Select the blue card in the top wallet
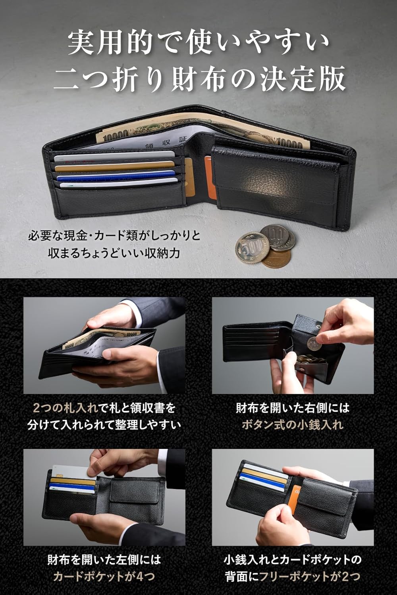click(x=115, y=175)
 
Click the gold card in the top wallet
click(x=115, y=167)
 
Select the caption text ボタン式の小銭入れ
click(x=293, y=425)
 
